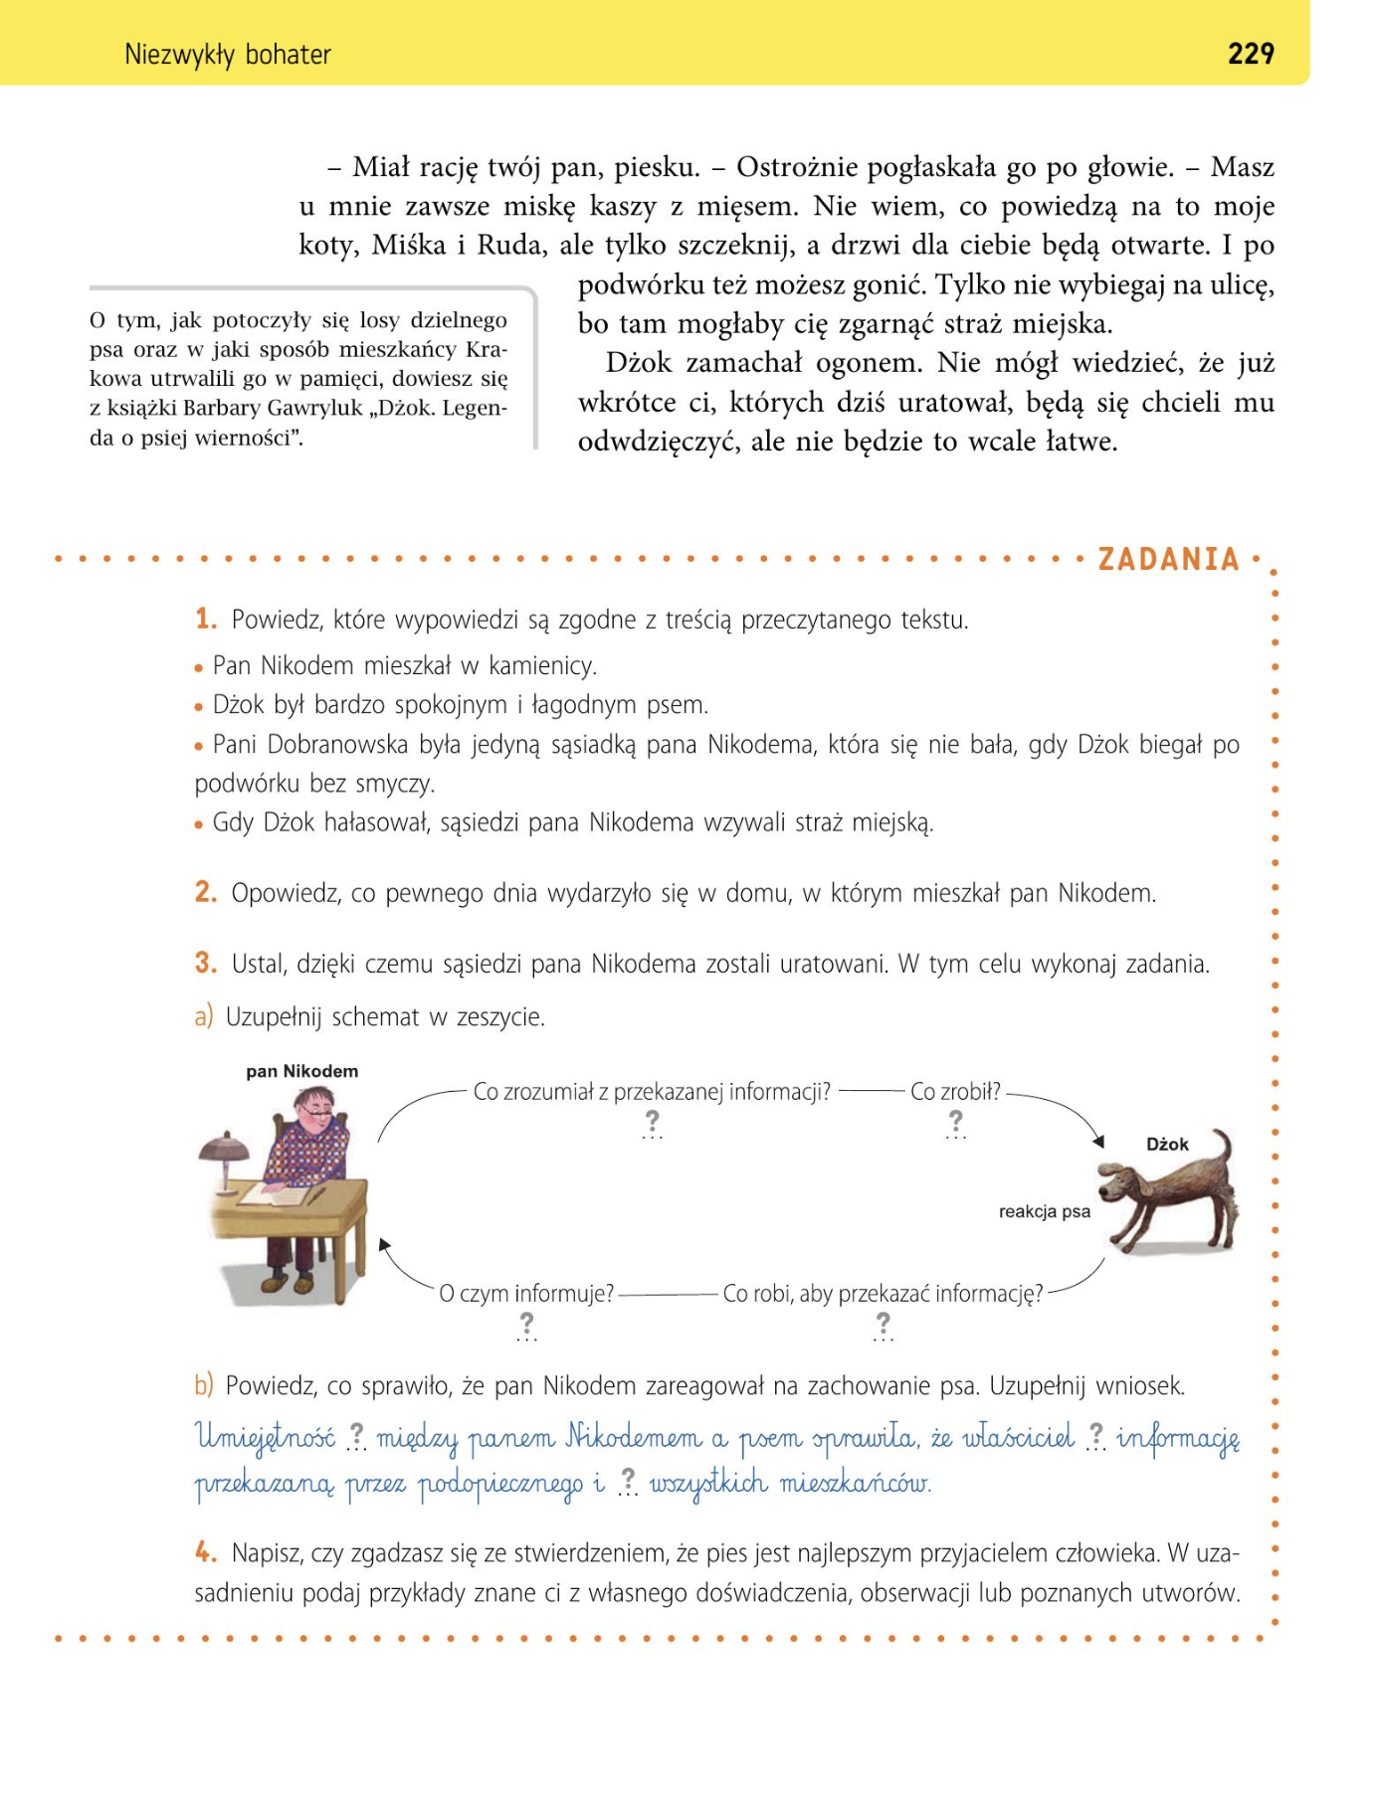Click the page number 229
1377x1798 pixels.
tap(1251, 53)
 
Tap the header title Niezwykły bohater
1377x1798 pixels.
tap(227, 54)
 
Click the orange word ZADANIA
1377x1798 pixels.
tap(1168, 559)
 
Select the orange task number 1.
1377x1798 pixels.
tap(205, 619)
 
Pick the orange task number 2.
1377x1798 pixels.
tap(205, 892)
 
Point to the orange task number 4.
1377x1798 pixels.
tap(205, 1551)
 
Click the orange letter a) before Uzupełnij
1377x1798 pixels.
tap(203, 1016)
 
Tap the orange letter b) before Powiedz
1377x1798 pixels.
tap(203, 1385)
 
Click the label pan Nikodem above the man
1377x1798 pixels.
tap(301, 1071)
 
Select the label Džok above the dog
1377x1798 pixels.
tap(1167, 1144)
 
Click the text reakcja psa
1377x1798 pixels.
tap(1044, 1211)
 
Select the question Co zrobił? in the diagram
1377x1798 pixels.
tap(955, 1091)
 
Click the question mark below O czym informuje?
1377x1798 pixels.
tap(526, 1324)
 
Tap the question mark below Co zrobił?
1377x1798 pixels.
tap(955, 1122)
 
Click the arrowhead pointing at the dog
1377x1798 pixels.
tap(1098, 1141)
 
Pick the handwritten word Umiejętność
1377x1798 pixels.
tap(265, 1437)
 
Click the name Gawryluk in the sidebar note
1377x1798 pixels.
tap(313, 408)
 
